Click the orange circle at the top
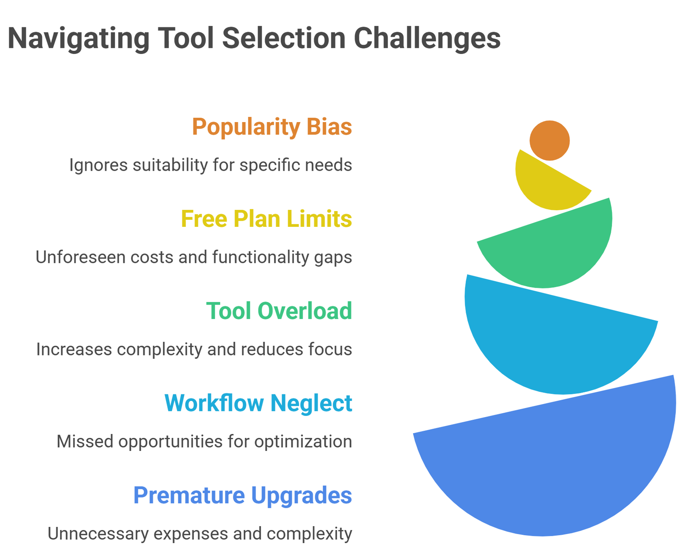(549, 140)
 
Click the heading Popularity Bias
(272, 127)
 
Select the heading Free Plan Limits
(266, 219)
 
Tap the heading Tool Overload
(279, 311)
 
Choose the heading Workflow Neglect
(258, 403)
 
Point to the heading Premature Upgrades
(242, 495)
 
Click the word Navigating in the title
(79, 38)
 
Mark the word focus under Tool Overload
(333, 349)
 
